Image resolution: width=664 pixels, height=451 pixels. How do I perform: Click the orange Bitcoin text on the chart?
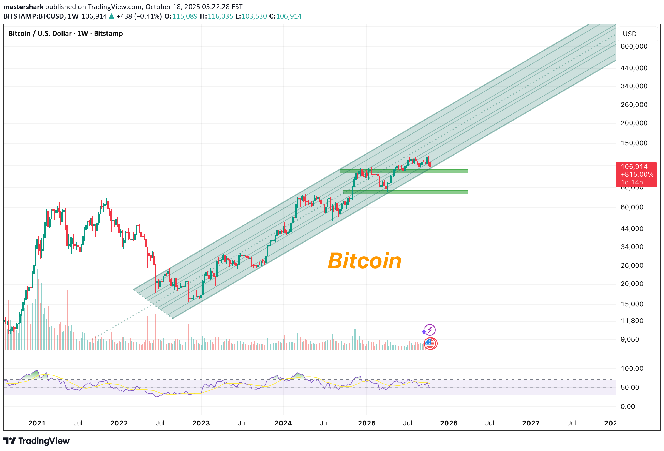365,261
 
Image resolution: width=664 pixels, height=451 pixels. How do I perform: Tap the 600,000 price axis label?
634,46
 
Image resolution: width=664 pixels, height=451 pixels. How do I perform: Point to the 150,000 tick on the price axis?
634,143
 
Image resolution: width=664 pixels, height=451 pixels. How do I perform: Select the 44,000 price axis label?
632,229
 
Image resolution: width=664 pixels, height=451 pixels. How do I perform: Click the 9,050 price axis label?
630,339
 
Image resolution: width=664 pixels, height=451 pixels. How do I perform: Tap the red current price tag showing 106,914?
636,174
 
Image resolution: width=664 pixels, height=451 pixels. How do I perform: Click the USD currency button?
630,34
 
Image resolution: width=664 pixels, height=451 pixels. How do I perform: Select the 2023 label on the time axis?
201,423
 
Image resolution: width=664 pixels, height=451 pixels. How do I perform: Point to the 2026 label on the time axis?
449,423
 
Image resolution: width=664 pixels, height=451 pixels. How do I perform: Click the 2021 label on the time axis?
37,423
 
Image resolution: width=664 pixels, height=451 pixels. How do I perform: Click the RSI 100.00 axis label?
632,369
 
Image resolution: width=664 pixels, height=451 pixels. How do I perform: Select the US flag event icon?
430,344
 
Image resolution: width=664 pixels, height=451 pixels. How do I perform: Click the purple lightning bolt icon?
429,330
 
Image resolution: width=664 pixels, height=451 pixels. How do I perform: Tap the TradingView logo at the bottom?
37,441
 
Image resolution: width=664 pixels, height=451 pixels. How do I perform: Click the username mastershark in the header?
23,7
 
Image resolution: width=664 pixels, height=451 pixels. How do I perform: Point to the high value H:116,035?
216,16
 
